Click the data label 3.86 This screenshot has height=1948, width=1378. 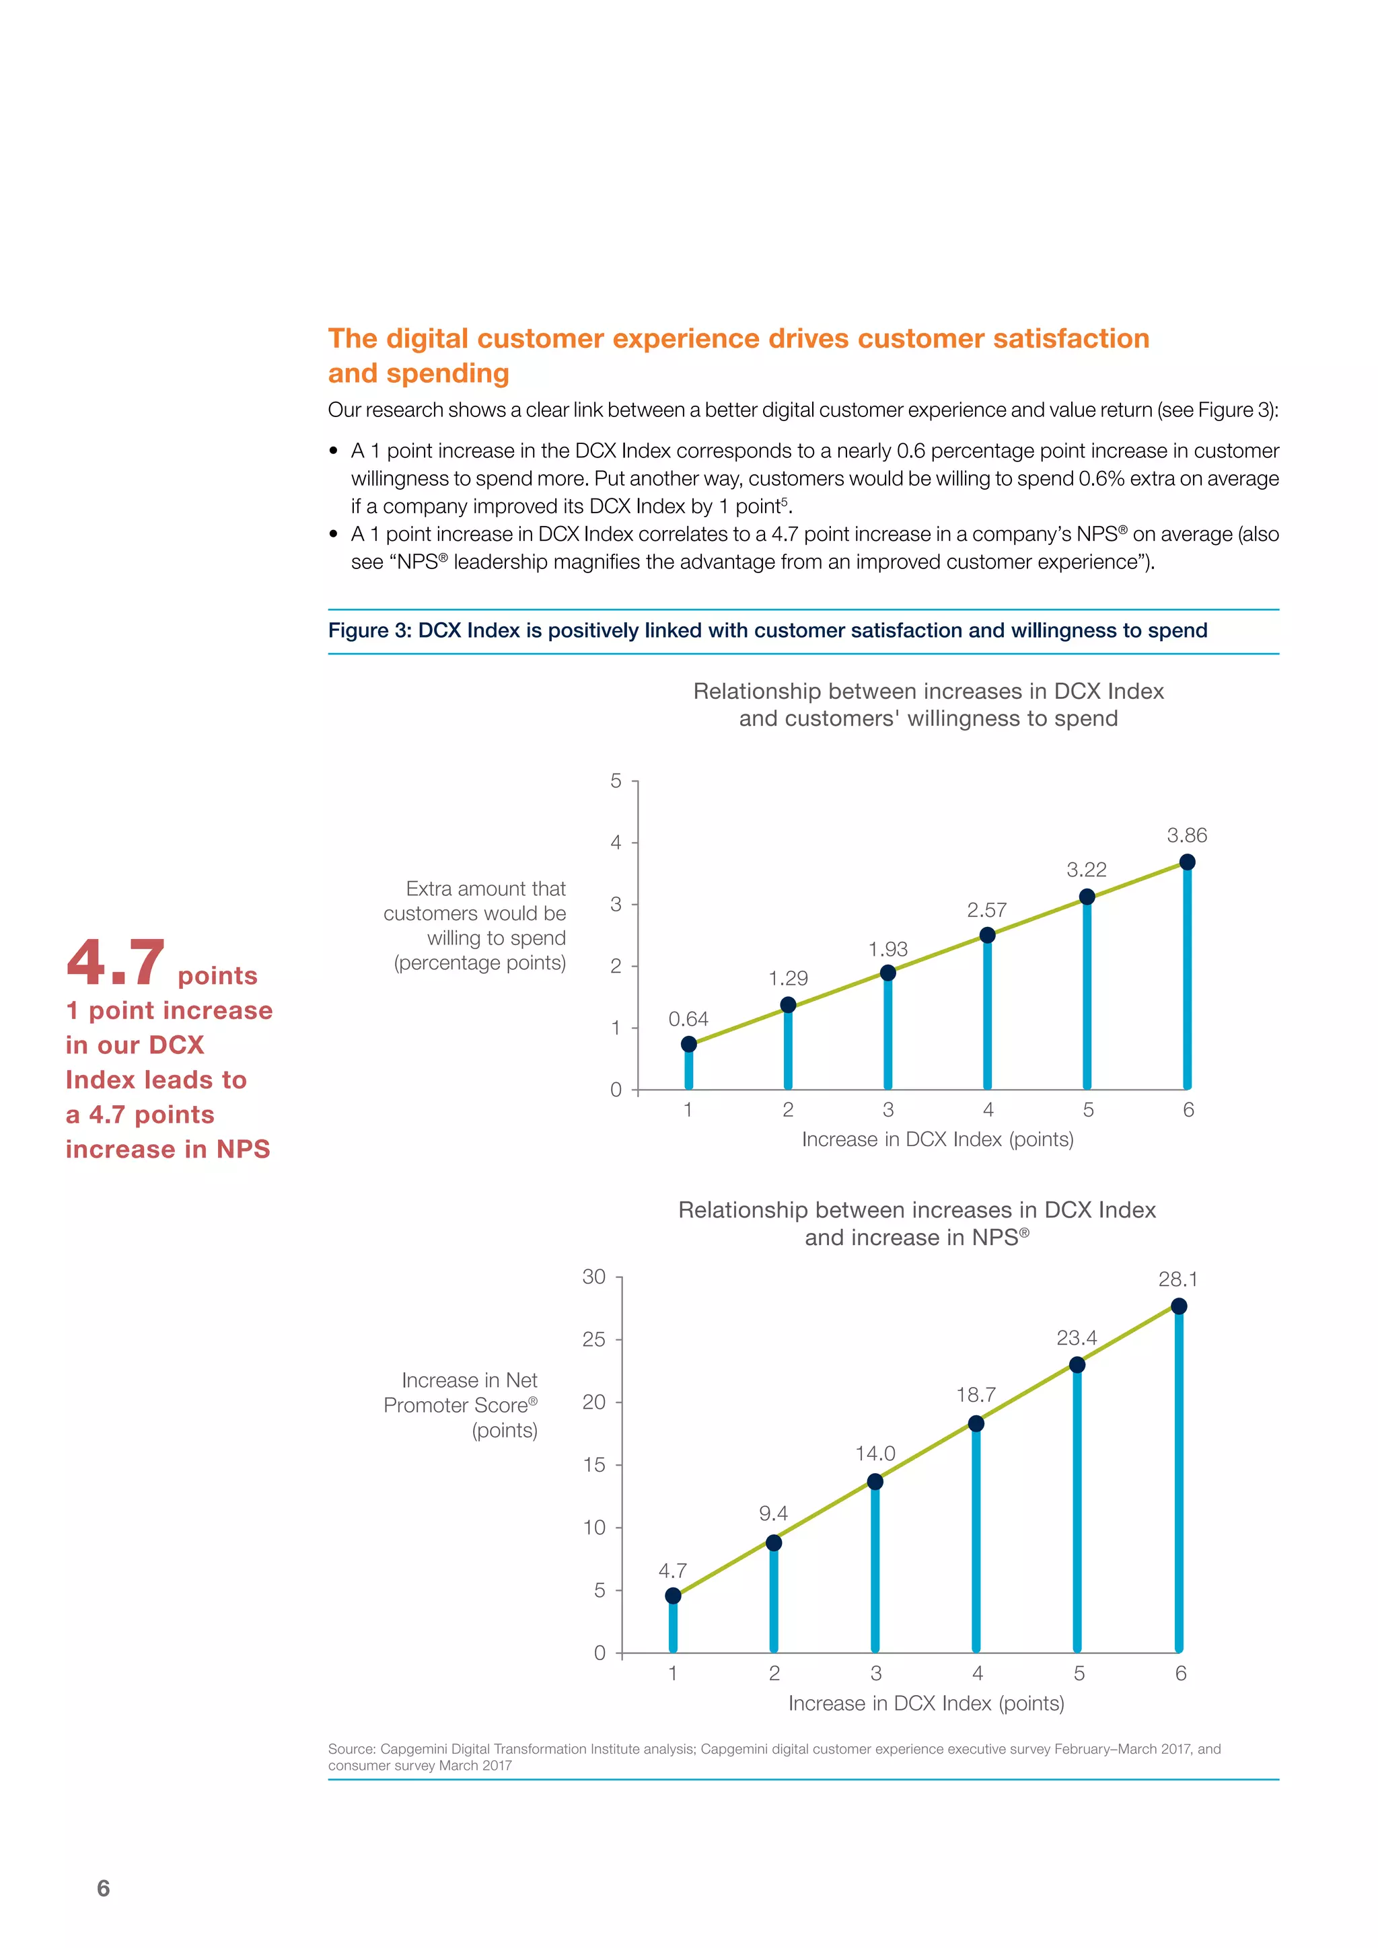pos(1186,835)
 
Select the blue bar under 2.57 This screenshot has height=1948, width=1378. pos(988,1014)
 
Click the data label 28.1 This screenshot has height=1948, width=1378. pos(1177,1279)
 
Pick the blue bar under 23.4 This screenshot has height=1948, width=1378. pos(1077,1510)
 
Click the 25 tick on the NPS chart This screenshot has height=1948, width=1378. pos(594,1340)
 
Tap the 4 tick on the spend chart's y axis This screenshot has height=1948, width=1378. pos(616,842)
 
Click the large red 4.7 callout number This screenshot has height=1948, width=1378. pos(116,964)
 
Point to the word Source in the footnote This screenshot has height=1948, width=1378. pos(351,1749)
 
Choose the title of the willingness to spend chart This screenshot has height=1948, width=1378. pos(929,704)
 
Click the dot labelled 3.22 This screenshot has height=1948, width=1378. pos(1087,897)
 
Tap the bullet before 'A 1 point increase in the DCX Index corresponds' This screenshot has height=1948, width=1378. pos(334,451)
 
